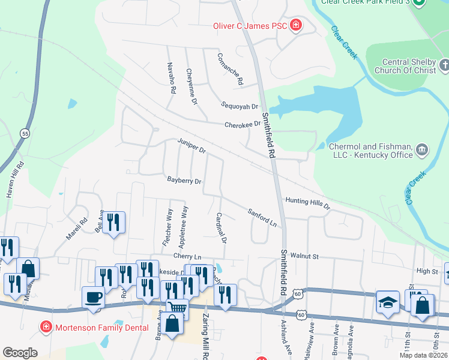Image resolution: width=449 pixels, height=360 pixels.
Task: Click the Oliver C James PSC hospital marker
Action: (295, 25)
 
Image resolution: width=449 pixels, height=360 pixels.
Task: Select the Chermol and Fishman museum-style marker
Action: (421, 149)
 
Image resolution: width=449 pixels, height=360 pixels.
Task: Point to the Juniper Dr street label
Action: (191, 146)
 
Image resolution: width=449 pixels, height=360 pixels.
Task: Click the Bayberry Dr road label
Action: (184, 180)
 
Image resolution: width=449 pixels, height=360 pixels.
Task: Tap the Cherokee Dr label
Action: (243, 124)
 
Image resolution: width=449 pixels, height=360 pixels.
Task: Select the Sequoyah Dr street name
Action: (238, 106)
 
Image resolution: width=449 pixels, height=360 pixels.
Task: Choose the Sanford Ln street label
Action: (263, 217)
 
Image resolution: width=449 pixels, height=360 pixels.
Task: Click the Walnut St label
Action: (303, 256)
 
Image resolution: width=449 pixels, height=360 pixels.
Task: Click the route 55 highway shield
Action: (25, 133)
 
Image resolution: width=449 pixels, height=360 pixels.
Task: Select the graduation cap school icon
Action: (388, 302)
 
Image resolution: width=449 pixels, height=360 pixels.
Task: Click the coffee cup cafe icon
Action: (93, 297)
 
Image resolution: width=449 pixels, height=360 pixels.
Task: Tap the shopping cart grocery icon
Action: (178, 308)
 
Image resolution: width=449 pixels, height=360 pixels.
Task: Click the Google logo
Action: (20, 353)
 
